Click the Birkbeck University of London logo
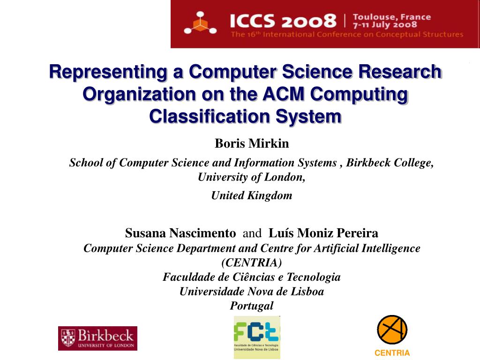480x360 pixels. click(x=97, y=338)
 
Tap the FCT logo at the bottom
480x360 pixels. click(x=257, y=337)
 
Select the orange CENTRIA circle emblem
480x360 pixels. click(x=392, y=330)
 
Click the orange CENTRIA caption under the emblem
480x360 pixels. click(x=392, y=353)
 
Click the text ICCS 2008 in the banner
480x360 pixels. click(x=283, y=21)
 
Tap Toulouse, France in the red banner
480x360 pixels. click(x=391, y=17)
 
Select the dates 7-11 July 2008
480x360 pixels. click(x=385, y=25)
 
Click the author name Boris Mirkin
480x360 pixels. click(x=252, y=143)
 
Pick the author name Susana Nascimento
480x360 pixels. click(x=180, y=233)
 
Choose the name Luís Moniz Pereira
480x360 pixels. click(x=323, y=233)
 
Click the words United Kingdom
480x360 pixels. click(x=252, y=195)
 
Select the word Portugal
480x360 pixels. click(x=252, y=306)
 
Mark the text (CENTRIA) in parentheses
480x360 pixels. click(x=252, y=262)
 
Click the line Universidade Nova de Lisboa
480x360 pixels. click(x=252, y=292)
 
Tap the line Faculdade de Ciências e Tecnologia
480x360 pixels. click(x=252, y=277)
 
